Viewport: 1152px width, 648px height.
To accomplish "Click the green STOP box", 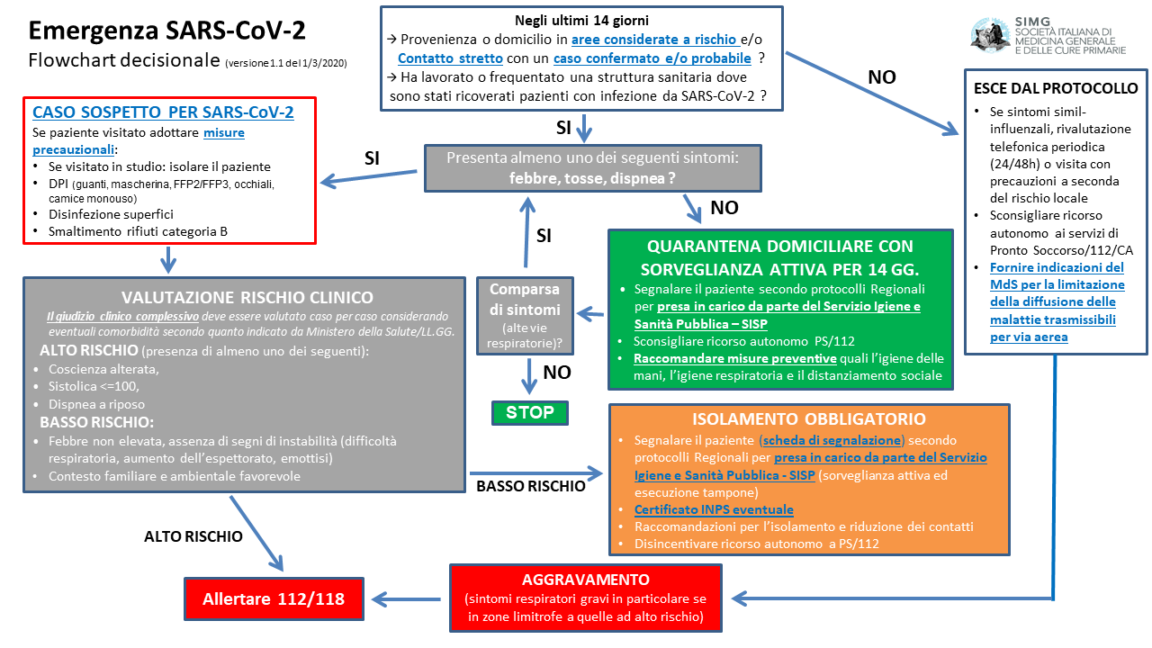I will coord(530,413).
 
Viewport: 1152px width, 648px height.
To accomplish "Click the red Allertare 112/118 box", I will coord(274,598).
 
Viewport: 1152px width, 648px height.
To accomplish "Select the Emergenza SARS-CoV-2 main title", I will coord(166,31).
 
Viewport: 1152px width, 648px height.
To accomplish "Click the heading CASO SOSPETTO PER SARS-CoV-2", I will coord(163,112).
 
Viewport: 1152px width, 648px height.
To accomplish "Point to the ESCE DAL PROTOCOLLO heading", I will coord(1056,88).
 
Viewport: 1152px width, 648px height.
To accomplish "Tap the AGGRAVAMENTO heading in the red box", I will coord(585,580).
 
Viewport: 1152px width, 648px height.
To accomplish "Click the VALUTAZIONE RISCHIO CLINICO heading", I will coord(247,297).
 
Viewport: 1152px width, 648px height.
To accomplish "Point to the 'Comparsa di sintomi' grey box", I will coord(524,315).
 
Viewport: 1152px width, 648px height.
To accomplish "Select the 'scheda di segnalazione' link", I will coord(832,440).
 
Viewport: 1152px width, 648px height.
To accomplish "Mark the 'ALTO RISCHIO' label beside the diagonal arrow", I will coord(193,536).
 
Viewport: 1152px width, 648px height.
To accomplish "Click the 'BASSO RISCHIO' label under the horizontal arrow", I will coord(531,486).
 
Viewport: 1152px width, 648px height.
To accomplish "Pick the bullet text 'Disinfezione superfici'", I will coord(111,214).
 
